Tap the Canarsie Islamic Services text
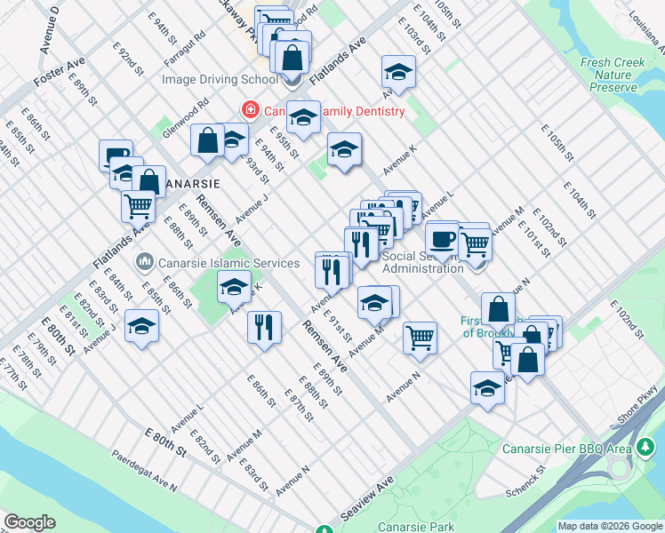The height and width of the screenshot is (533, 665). point(229,263)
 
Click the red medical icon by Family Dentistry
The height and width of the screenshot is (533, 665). point(251,111)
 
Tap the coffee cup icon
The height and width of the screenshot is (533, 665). point(442,238)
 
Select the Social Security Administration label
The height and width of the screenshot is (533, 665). point(422,262)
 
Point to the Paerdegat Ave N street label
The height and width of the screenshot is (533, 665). point(144,471)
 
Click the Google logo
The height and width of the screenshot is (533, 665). point(29,522)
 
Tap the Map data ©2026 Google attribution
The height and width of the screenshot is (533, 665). point(610,526)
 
